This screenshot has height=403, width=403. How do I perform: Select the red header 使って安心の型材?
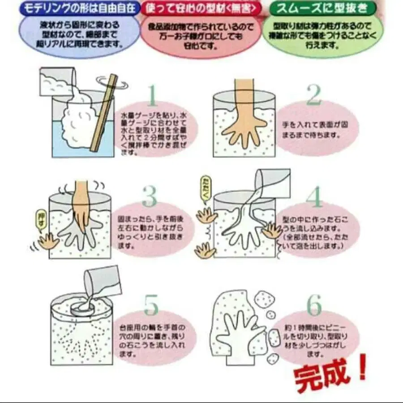199,8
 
